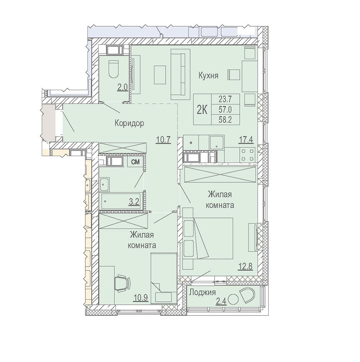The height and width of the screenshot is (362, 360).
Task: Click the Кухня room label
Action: click(208, 76)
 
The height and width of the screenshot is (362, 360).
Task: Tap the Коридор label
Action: click(129, 123)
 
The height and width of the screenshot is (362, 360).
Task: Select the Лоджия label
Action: click(202, 292)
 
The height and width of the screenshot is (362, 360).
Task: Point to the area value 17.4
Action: click(246, 139)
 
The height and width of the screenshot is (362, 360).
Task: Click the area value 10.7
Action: click(163, 139)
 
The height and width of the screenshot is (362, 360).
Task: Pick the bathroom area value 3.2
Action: click(134, 202)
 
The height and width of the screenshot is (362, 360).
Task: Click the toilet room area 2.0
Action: click(123, 88)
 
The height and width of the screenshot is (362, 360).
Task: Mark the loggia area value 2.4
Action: click(221, 301)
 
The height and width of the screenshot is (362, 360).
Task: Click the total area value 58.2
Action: click(225, 120)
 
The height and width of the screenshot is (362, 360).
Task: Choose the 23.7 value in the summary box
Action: click(225, 99)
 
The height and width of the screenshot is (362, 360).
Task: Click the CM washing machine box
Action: click(135, 162)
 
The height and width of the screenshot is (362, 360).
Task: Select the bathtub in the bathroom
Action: click(120, 201)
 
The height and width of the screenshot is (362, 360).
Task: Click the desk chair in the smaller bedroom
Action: click(122, 283)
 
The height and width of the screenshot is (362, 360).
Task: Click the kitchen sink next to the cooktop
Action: click(216, 142)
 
